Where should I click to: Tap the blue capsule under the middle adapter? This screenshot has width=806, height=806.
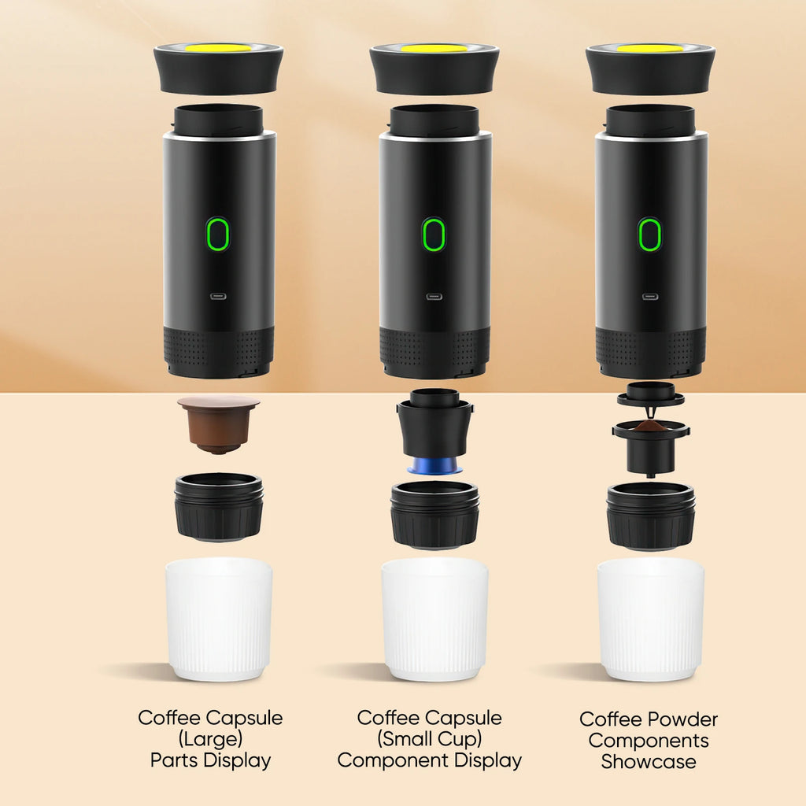click(434, 465)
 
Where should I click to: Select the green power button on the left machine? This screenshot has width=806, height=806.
click(218, 235)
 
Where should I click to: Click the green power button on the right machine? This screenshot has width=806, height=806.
click(649, 235)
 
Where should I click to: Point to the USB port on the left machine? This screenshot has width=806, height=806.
click(218, 298)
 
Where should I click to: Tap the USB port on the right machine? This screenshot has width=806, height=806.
click(649, 298)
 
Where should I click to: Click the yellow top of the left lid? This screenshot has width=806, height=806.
click(218, 48)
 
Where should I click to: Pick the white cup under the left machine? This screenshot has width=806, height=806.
click(219, 618)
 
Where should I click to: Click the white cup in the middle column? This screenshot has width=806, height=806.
click(434, 618)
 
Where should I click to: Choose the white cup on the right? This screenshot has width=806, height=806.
click(650, 618)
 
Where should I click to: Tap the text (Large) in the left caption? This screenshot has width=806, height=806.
click(210, 739)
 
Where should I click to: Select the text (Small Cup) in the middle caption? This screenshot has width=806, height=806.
click(429, 739)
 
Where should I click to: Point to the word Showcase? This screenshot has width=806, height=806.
click(649, 761)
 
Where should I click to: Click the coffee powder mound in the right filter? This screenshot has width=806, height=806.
click(650, 427)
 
